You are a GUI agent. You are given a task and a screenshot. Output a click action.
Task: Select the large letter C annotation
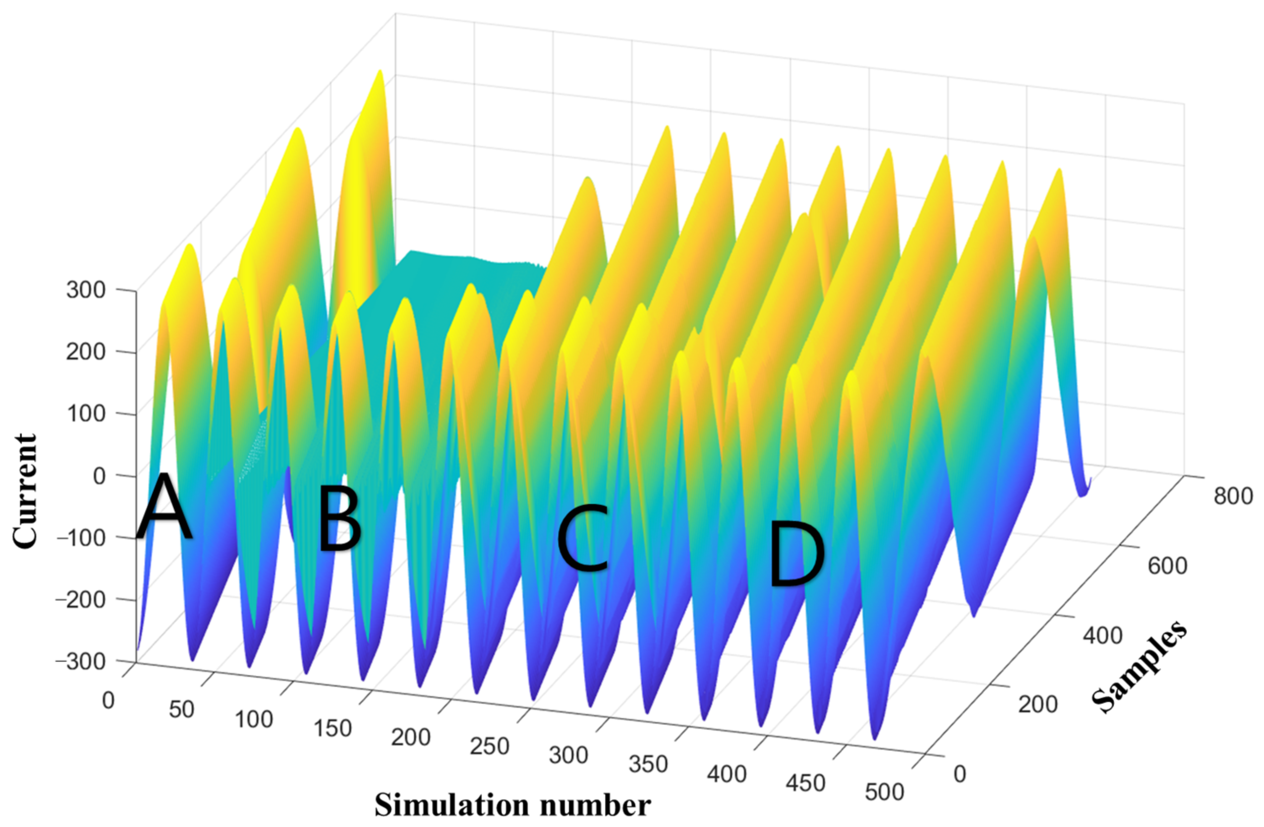[582, 539]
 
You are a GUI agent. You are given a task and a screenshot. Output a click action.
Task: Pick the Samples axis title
[1140, 667]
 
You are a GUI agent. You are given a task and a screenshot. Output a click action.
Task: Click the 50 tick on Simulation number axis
[181, 710]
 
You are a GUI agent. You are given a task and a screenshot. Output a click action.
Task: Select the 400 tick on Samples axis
[1102, 635]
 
